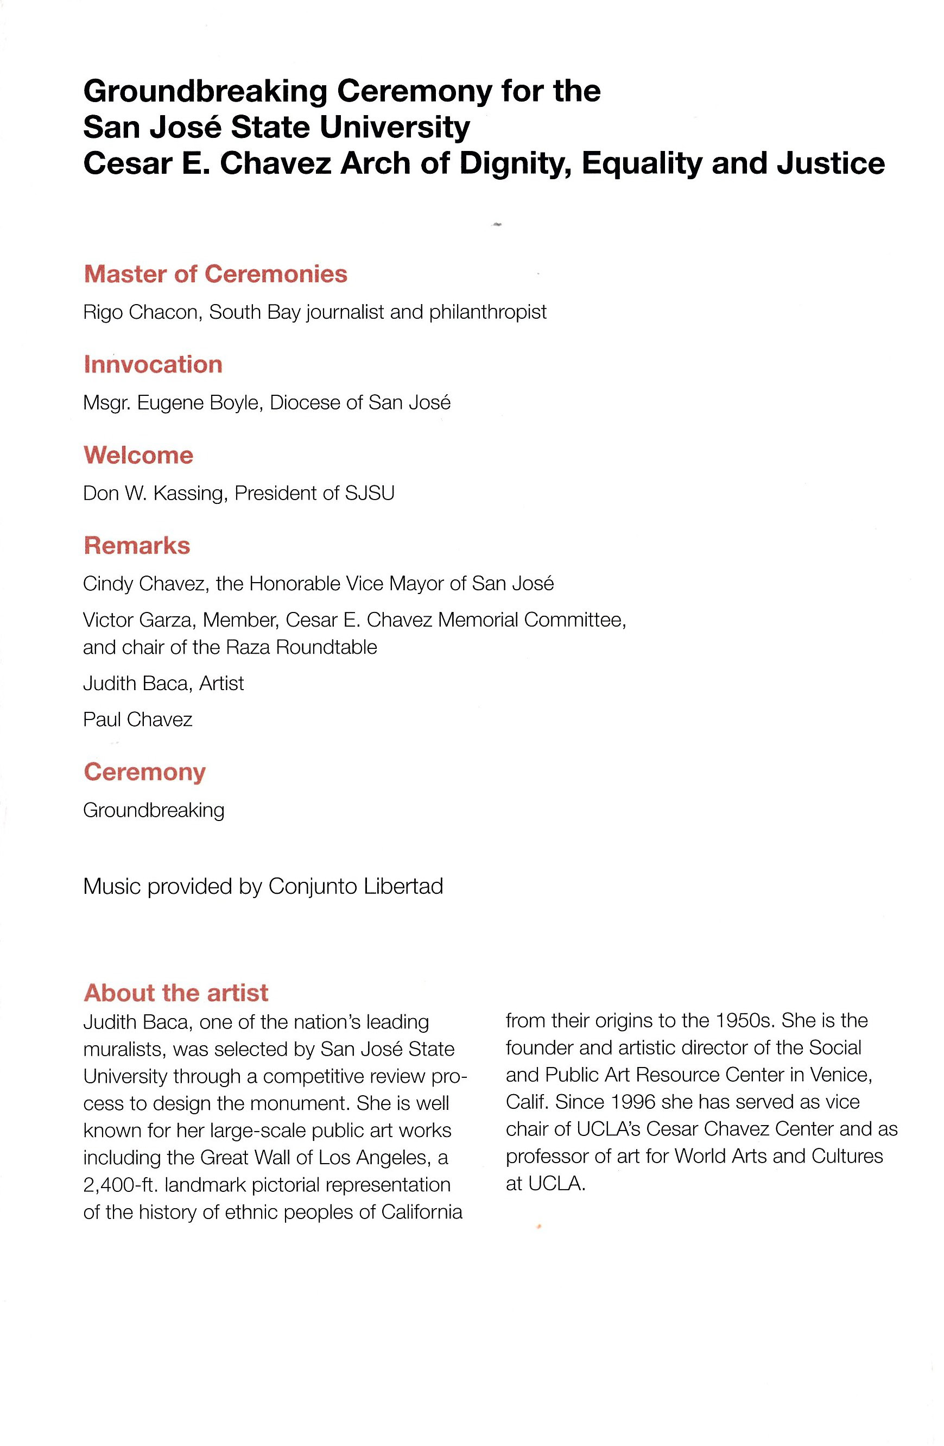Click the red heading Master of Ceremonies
(x=215, y=274)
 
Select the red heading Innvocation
(x=153, y=364)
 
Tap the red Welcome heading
(x=138, y=455)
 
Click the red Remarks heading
(x=137, y=546)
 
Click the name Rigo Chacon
(x=142, y=312)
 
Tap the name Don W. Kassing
(x=155, y=494)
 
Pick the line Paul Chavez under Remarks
(x=137, y=720)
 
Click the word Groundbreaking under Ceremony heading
(x=154, y=811)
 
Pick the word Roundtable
(x=326, y=648)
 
